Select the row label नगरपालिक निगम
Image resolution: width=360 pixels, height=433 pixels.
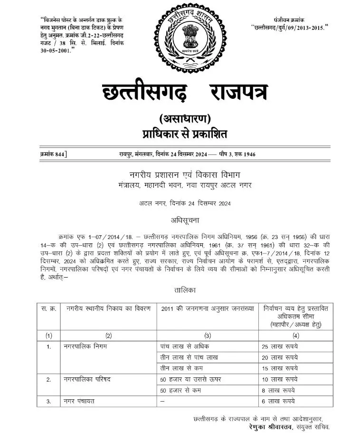(x=85, y=346)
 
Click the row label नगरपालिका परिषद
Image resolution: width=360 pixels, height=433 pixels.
(x=87, y=379)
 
